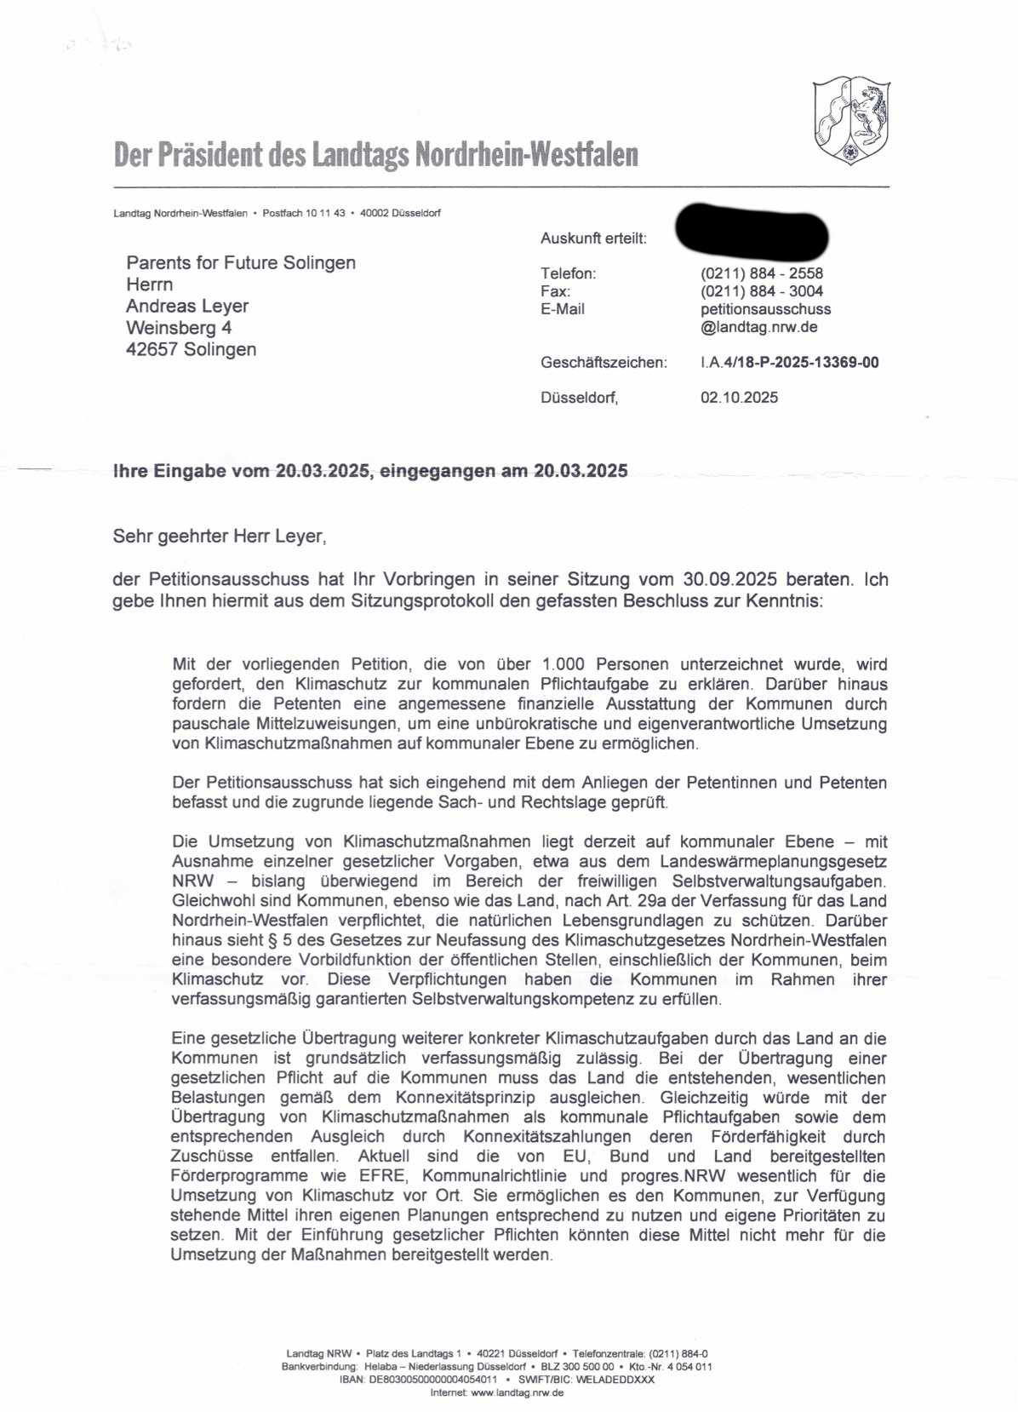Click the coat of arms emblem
851,120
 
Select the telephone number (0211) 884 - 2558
762,273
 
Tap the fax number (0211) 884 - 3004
762,291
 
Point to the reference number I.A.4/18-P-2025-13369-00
790,363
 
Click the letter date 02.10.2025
739,398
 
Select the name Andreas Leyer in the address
187,306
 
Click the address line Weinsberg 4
179,328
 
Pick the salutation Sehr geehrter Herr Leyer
219,537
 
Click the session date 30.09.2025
729,580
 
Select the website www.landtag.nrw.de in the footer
517,1392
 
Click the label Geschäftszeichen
603,363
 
